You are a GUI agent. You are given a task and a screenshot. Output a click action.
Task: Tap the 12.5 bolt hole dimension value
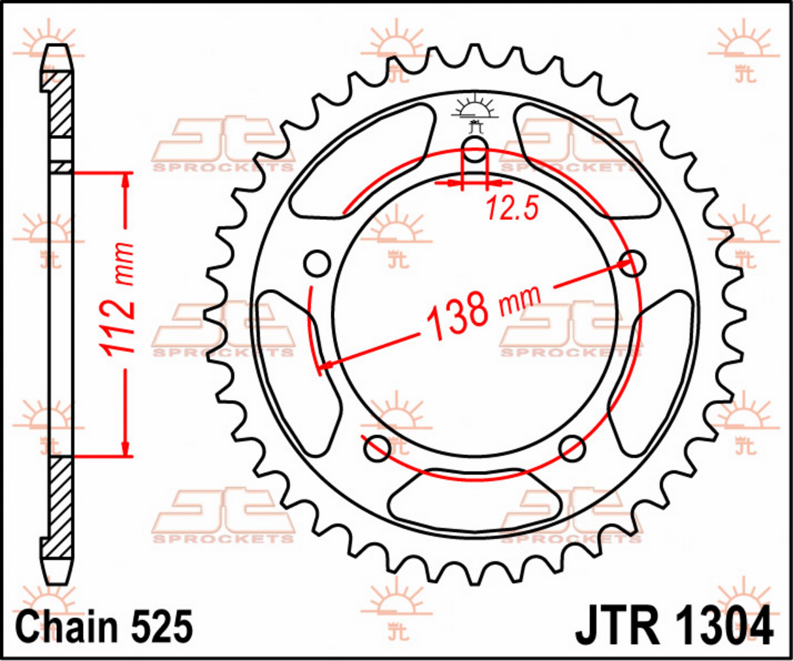pyautogui.click(x=511, y=209)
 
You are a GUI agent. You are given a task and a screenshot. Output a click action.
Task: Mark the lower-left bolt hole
pyautogui.click(x=378, y=448)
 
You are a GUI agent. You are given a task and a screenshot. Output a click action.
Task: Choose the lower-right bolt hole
pyautogui.click(x=572, y=448)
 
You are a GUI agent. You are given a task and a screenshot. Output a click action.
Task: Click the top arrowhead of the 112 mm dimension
pyautogui.click(x=125, y=179)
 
